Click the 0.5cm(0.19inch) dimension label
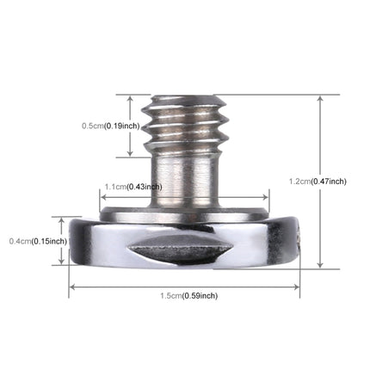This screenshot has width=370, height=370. pos(109,126)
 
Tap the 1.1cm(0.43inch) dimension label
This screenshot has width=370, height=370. pos(133,186)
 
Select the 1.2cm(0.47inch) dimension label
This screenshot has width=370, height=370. pos(318,181)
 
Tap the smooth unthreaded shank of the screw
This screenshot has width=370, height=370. pos(183,176)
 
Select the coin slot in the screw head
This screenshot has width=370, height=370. pos(182,250)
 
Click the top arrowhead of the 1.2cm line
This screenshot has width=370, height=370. pos(320,97)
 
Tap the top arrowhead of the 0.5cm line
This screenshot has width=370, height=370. pos(129,98)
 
